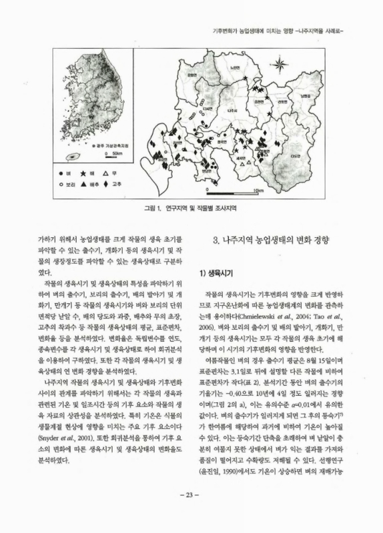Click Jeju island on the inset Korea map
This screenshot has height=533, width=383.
tap(72, 159)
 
